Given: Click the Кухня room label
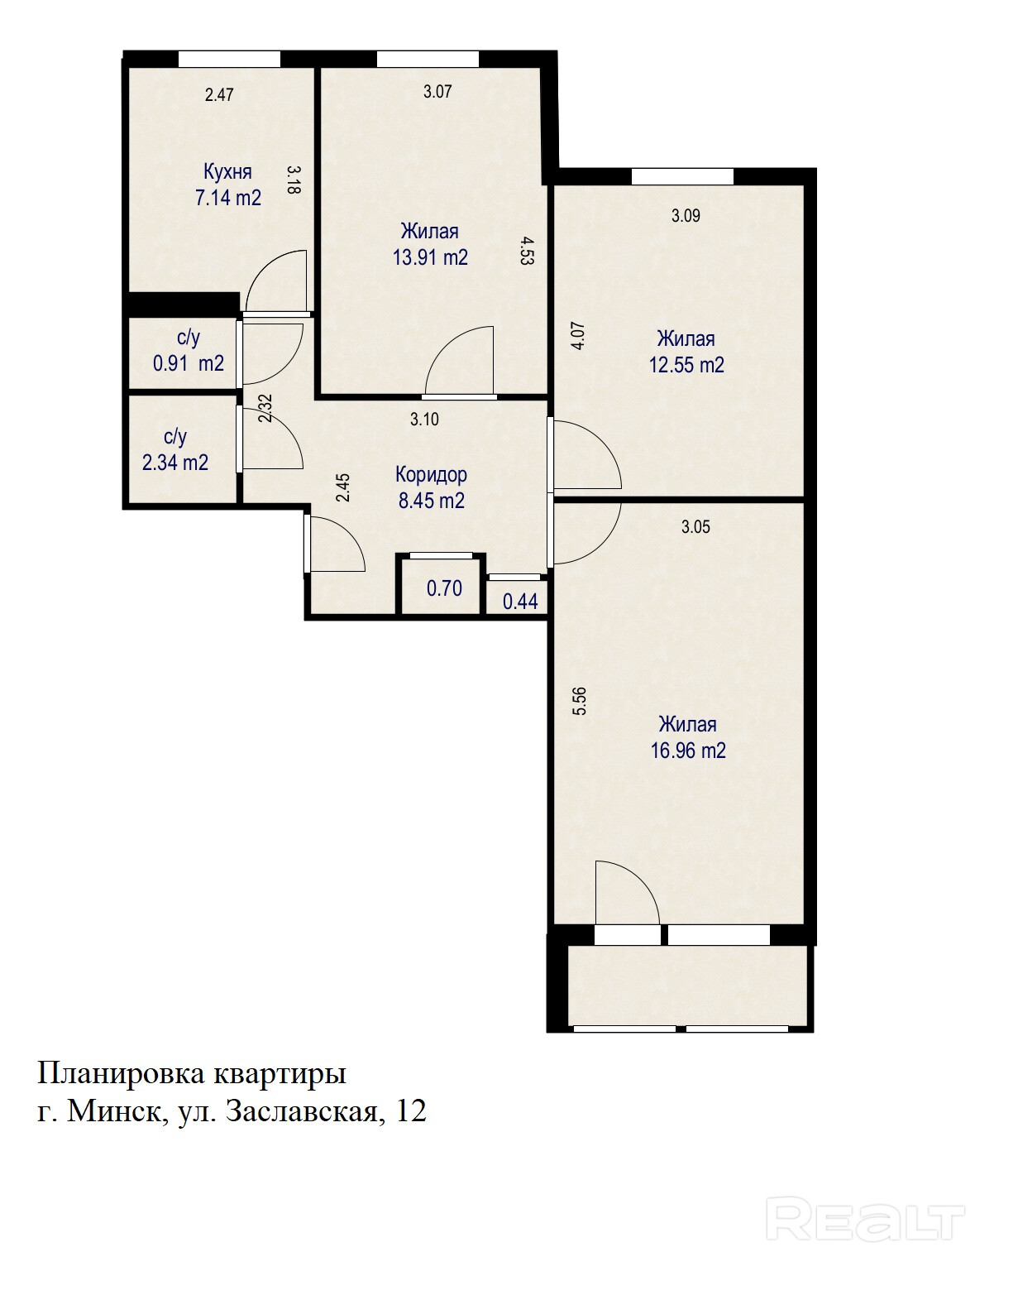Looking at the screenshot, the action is click(227, 172).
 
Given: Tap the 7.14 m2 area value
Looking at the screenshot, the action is click(228, 198).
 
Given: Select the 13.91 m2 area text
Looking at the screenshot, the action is click(430, 257).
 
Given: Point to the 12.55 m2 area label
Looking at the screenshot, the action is click(686, 365).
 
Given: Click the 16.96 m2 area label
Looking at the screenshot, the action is click(688, 751).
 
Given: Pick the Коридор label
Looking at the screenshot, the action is click(431, 475).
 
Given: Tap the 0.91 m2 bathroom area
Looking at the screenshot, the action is click(189, 363).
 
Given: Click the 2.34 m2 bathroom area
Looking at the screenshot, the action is click(175, 463).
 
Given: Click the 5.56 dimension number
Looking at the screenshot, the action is click(579, 701).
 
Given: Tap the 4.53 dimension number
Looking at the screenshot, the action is click(527, 251).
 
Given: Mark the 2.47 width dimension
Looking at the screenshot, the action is click(219, 94).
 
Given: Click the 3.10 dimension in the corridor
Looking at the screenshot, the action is click(424, 419).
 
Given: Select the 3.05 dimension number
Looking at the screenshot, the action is click(695, 526).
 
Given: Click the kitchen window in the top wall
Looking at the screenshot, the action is click(230, 59).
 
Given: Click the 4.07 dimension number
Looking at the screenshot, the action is click(578, 336).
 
